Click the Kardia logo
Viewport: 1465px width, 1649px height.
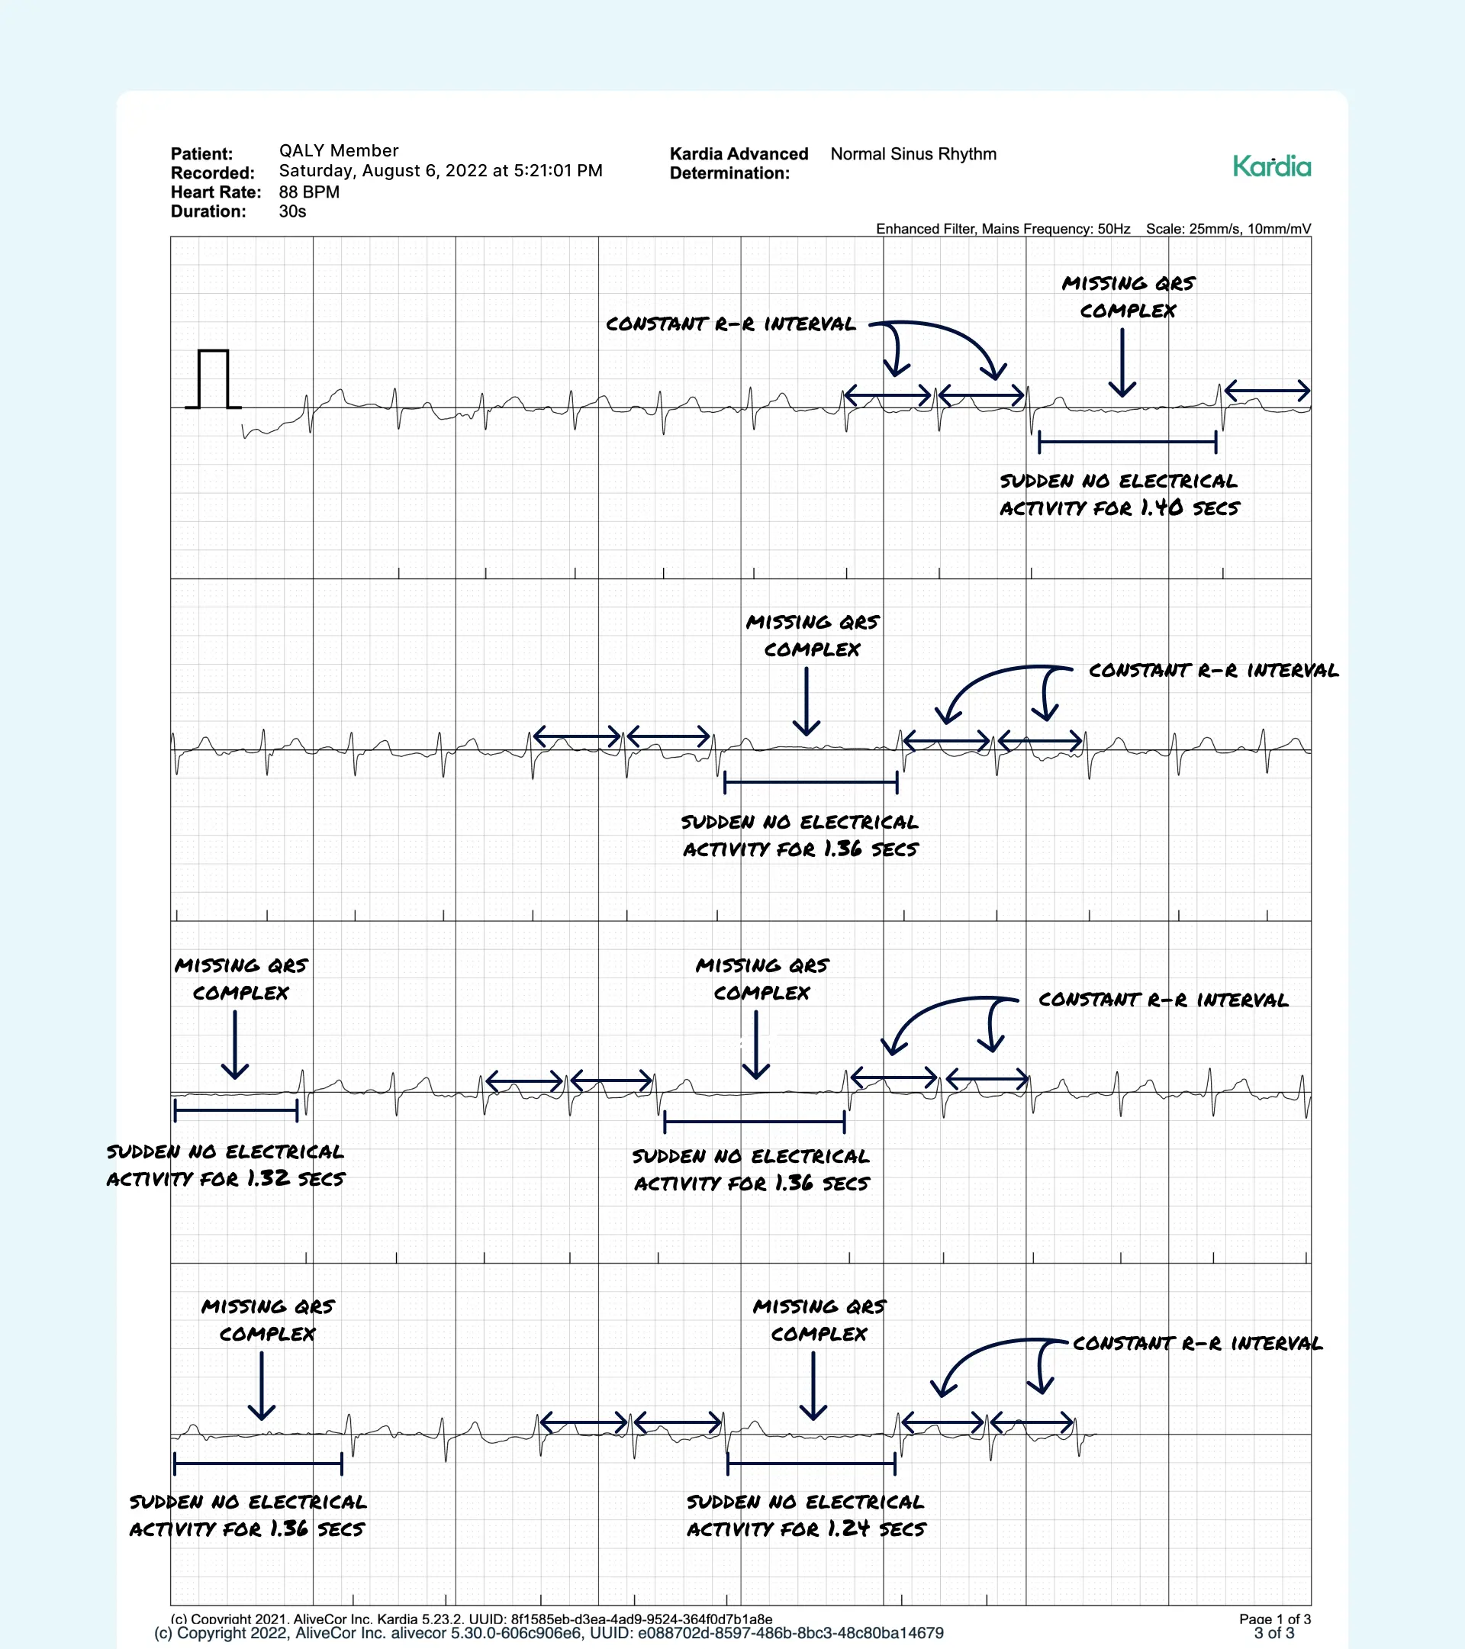pos(1271,166)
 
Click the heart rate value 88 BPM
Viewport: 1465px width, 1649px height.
pos(309,192)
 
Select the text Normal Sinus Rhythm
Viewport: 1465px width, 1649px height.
pos(913,154)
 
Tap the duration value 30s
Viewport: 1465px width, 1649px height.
pos(292,211)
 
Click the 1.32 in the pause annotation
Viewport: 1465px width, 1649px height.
pos(268,1178)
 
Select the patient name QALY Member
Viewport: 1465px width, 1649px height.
pos(339,151)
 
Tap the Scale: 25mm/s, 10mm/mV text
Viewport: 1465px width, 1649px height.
pos(1228,229)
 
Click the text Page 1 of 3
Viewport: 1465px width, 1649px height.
pos(1274,1618)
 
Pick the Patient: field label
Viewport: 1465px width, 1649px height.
pos(201,154)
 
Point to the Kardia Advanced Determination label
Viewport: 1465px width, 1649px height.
pos(738,163)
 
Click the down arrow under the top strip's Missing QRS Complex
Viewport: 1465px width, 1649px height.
pos(1122,363)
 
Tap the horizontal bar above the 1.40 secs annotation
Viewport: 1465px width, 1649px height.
pos(1127,441)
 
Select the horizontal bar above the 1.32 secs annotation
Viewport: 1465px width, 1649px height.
pos(236,1110)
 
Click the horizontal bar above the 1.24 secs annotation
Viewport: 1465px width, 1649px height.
pos(811,1463)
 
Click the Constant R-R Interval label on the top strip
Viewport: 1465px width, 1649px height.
pos(730,324)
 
